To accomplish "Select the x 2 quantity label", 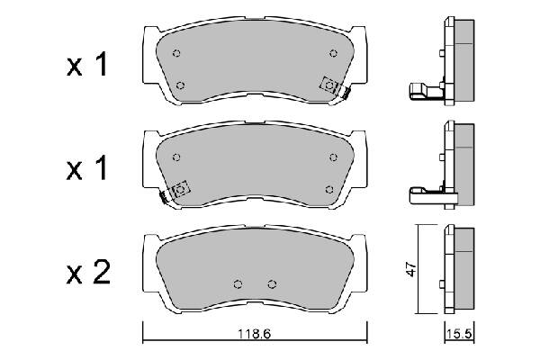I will coord(87,272).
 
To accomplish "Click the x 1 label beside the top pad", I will coord(87,65).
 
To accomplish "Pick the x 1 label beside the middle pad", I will coord(87,168).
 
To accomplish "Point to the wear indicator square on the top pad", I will coord(330,85).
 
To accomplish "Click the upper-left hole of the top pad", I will coord(176,52).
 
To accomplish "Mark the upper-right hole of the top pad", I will coord(334,53).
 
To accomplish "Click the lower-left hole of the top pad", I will coord(181,85).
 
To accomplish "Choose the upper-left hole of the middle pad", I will coord(176,156).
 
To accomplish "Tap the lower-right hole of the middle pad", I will coord(330,189).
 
